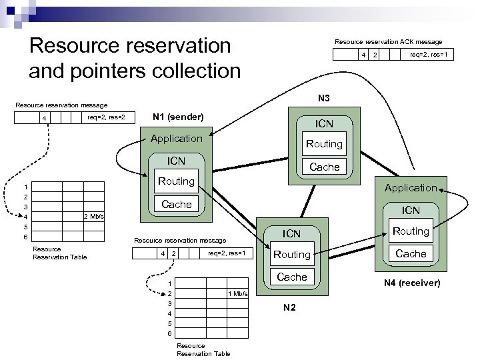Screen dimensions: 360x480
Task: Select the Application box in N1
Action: click(176, 139)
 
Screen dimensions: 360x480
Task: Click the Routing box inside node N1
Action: click(176, 181)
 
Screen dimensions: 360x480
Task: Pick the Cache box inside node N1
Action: click(176, 204)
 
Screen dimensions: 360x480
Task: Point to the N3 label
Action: click(324, 98)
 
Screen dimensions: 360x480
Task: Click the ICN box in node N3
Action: click(324, 123)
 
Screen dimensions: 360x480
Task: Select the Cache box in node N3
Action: click(324, 167)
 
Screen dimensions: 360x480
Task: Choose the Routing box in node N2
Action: click(292, 254)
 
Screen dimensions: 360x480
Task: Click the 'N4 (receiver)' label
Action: click(411, 283)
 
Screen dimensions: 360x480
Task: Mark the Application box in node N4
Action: click(410, 188)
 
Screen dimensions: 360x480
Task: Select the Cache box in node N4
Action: click(411, 253)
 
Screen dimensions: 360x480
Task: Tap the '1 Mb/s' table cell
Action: click(238, 294)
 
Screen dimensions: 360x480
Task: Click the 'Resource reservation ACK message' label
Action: click(388, 41)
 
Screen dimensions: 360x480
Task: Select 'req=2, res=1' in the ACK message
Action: click(430, 55)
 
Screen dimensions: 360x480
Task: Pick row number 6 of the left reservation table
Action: click(25, 237)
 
